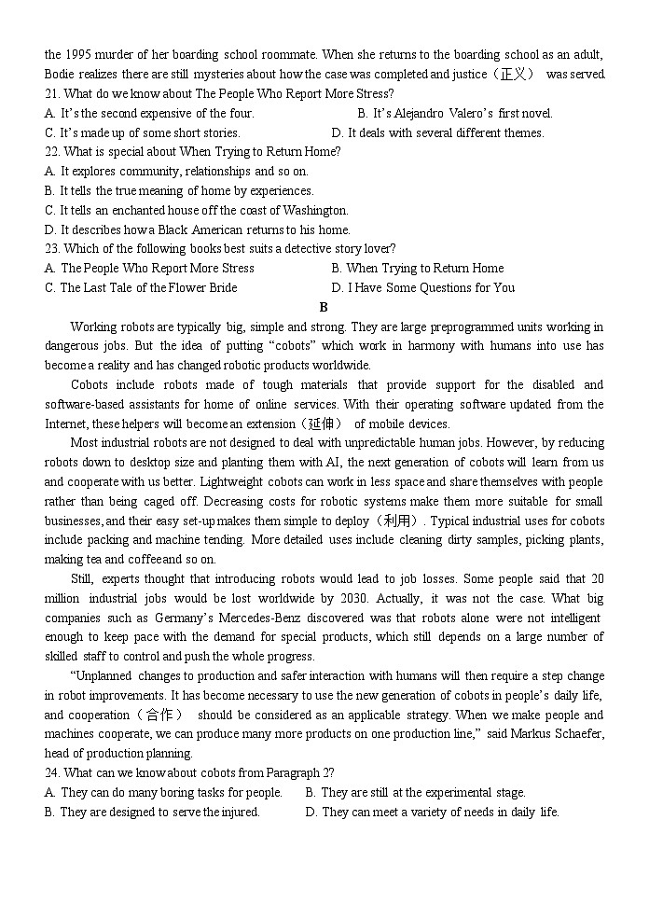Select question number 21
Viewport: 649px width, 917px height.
pyautogui.click(x=52, y=93)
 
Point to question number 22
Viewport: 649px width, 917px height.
pyautogui.click(x=52, y=151)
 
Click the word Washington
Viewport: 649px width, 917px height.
pyautogui.click(x=315, y=210)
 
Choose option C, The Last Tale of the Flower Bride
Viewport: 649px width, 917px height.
pyautogui.click(x=140, y=287)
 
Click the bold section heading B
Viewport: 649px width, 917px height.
pyautogui.click(x=324, y=307)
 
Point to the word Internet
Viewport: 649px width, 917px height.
pyautogui.click(x=66, y=424)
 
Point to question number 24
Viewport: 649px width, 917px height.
pyautogui.click(x=52, y=772)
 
